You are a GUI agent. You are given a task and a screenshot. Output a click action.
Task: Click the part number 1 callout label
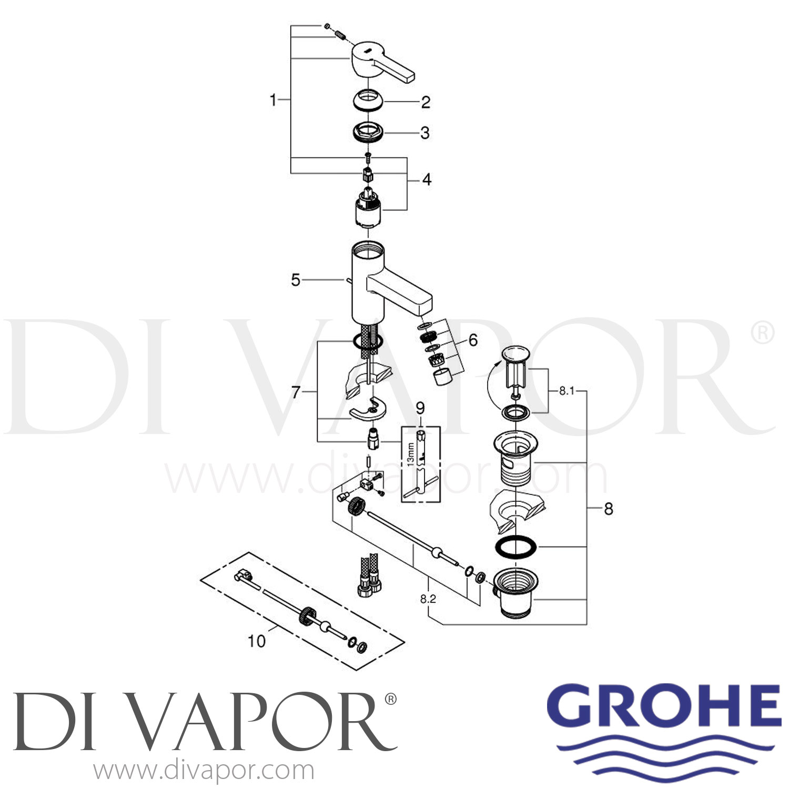tap(272, 99)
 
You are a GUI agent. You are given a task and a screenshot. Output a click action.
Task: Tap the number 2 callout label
tap(426, 102)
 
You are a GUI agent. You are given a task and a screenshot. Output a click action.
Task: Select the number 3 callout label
tap(425, 133)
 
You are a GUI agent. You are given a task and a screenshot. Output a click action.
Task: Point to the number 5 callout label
tap(296, 280)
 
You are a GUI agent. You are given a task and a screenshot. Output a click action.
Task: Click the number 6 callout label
tap(473, 340)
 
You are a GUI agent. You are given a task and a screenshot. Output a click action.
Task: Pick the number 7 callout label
tap(296, 392)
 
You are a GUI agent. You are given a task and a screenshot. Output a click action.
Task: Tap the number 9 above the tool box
tap(420, 408)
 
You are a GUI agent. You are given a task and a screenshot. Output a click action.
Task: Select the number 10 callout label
tap(257, 641)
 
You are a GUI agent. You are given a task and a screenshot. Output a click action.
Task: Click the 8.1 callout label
tap(567, 391)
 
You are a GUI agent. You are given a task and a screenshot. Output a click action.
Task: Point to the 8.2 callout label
tap(428, 599)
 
